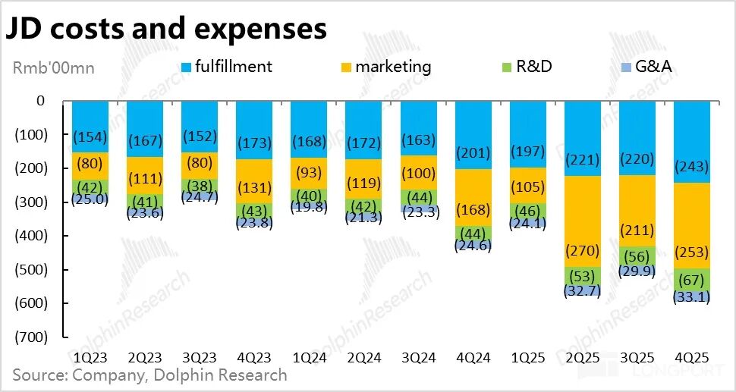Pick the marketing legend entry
[383, 67]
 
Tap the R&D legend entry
[524, 67]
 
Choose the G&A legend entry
[644, 67]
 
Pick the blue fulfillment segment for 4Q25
[691, 141]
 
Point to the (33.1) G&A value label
[691, 297]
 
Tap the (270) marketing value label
[582, 250]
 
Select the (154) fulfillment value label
[90, 136]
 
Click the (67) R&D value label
[691, 278]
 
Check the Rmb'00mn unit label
[53, 67]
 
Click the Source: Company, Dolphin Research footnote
[149, 375]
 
